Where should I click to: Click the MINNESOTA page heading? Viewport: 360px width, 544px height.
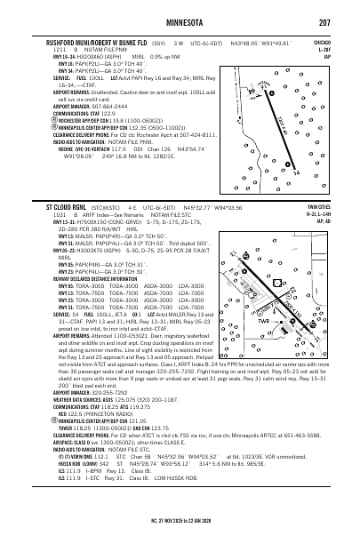(x=180, y=24)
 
